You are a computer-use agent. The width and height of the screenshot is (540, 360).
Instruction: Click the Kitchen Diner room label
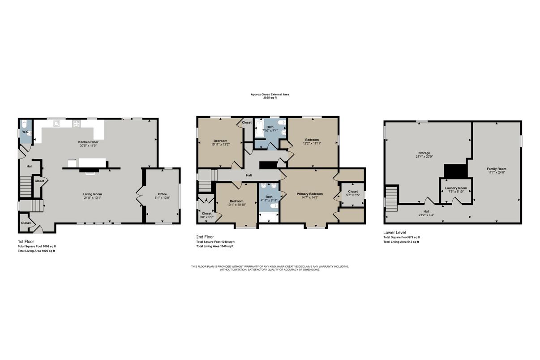(x=88, y=142)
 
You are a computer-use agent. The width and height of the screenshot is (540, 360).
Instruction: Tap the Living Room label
(x=93, y=194)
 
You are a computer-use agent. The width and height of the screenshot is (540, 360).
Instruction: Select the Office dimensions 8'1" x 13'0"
(x=162, y=198)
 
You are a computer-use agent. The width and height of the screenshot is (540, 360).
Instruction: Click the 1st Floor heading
(x=26, y=241)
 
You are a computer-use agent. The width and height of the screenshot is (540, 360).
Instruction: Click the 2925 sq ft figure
(x=270, y=98)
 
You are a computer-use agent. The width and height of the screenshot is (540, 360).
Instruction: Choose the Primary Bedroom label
(x=310, y=194)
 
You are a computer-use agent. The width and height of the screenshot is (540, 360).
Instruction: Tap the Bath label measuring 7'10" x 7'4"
(x=270, y=127)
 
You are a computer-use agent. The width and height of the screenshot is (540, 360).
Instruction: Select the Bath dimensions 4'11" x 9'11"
(x=269, y=200)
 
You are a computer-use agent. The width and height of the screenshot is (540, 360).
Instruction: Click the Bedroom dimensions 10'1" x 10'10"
(x=236, y=205)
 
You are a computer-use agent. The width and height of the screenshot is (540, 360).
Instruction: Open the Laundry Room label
(x=456, y=188)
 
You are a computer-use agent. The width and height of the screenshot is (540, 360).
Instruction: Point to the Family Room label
(x=497, y=169)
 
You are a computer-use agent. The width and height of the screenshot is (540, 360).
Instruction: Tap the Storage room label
(x=424, y=153)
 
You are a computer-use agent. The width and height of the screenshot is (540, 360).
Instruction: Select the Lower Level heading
(x=394, y=233)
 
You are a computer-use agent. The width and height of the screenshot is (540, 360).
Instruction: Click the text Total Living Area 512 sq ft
(x=401, y=242)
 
